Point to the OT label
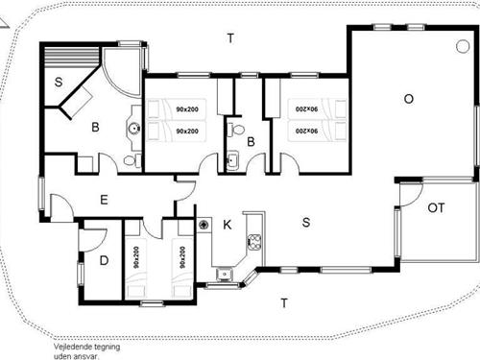click(435, 207)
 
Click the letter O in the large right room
click(408, 98)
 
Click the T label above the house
click(229, 38)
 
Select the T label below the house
click(283, 303)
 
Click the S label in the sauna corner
click(59, 83)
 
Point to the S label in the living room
click(305, 224)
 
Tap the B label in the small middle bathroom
click(250, 142)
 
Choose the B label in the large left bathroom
click(95, 126)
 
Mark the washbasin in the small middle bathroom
click(231, 159)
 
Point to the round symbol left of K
click(204, 224)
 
